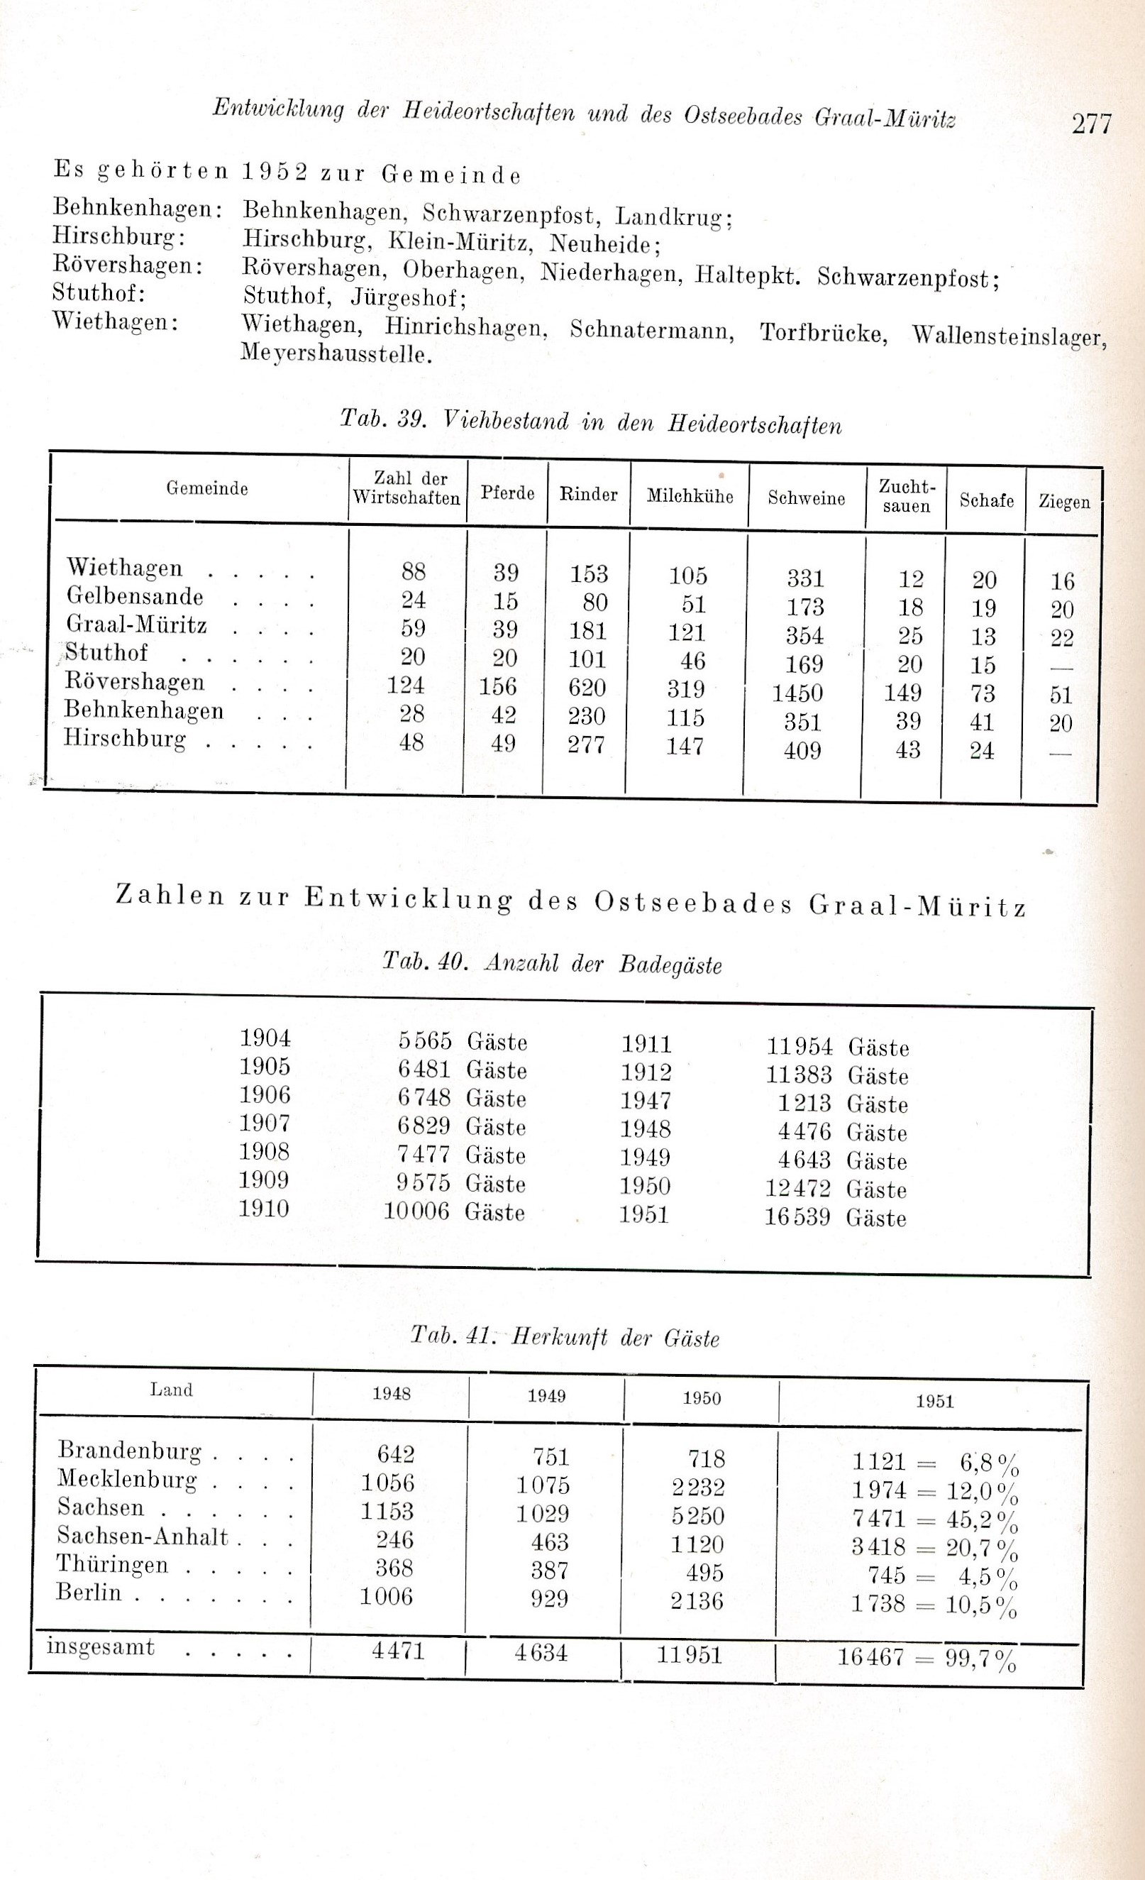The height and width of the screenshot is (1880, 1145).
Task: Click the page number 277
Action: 1092,123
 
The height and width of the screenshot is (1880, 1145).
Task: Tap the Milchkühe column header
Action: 690,496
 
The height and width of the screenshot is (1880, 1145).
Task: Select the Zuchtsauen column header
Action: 906,496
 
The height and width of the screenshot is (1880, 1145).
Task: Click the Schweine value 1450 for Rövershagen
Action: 797,693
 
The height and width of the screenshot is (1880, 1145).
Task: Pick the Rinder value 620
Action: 587,688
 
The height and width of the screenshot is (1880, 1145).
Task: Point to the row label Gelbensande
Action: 135,596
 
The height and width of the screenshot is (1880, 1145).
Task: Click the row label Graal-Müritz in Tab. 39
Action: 136,624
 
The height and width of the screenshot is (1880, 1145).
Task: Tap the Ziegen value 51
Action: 1061,695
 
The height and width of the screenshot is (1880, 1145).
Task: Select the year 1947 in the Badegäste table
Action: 646,1100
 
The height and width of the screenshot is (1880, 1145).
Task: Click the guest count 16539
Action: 797,1216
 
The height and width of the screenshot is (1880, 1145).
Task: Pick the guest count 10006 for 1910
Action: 416,1211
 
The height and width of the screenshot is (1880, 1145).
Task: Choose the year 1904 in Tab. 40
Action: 265,1038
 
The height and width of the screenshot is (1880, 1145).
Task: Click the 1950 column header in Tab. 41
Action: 701,1398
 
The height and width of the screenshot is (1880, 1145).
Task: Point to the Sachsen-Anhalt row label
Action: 143,1536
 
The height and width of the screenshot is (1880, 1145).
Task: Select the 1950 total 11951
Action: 689,1654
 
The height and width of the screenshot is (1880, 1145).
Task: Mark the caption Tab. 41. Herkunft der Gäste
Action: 565,1337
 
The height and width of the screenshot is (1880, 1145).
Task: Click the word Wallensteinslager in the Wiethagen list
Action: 1009,336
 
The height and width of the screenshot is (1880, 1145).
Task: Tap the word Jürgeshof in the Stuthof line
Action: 408,297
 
